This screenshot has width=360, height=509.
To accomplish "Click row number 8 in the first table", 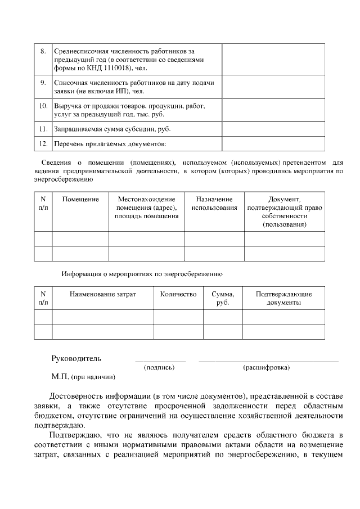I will pyautogui.click(x=43, y=51).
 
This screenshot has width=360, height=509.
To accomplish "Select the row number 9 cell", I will pyautogui.click(x=43, y=83).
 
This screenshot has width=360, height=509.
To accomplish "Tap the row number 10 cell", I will pyautogui.click(x=43, y=106).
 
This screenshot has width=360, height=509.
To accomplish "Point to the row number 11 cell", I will pyautogui.click(x=43, y=129).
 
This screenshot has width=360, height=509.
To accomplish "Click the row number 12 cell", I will pyautogui.click(x=43, y=144).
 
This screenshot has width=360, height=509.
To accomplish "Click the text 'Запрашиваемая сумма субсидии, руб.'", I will pyautogui.click(x=112, y=129).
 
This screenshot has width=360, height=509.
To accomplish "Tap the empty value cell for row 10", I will pyautogui.click(x=273, y=110).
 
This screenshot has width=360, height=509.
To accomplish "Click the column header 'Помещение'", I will pyautogui.click(x=80, y=199).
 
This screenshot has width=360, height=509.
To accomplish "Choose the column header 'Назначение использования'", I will pyautogui.click(x=214, y=204).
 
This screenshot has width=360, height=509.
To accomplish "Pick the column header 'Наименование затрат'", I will pyautogui.click(x=102, y=294).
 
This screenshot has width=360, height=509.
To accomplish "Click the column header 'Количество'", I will pyautogui.click(x=178, y=294).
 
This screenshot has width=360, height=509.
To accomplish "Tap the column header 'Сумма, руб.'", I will pyautogui.click(x=223, y=298).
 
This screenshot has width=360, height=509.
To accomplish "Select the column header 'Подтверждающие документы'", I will pyautogui.click(x=283, y=298).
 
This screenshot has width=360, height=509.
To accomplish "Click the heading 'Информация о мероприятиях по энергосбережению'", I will pyautogui.click(x=142, y=274).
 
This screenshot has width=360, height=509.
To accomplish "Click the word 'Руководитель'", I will pyautogui.click(x=76, y=358).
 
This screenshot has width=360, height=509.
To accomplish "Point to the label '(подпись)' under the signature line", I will pyautogui.click(x=160, y=368).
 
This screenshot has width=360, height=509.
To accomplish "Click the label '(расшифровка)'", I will pyautogui.click(x=267, y=368).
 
